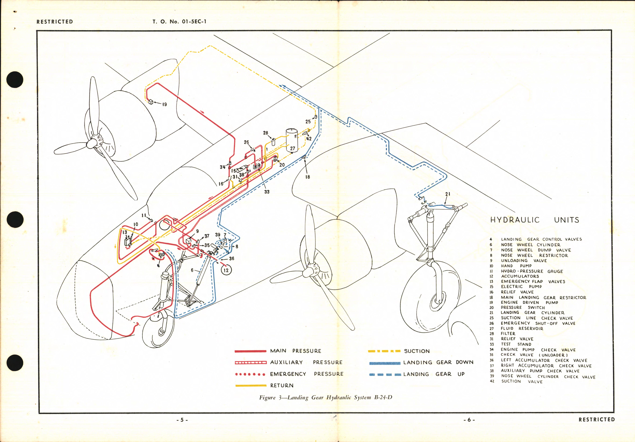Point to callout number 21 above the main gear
(x=447, y=194)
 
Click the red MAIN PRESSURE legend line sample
(x=250, y=351)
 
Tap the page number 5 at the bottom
(x=182, y=420)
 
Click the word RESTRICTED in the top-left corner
(x=55, y=22)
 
